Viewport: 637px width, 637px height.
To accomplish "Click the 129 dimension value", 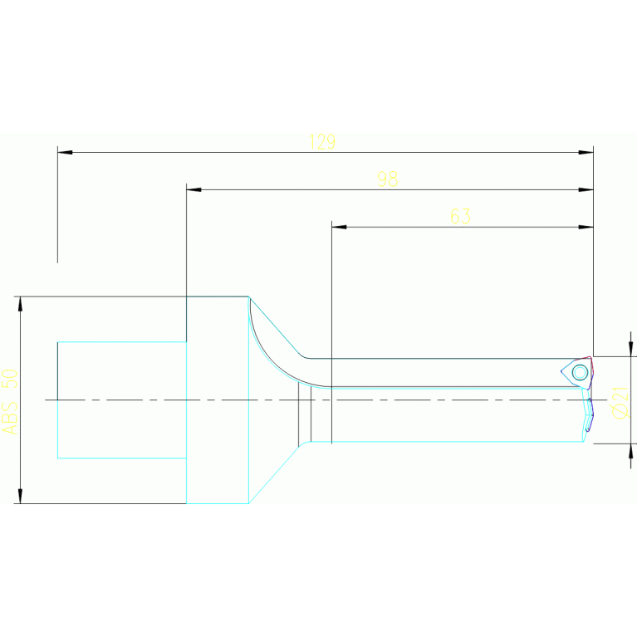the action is coord(321,142).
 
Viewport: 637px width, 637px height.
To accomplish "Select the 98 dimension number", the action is coord(387,179).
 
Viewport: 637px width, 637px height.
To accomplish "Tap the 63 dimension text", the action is coord(460,217).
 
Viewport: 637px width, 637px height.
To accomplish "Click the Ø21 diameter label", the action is coord(619,402).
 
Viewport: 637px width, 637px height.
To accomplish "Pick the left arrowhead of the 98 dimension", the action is coord(194,189).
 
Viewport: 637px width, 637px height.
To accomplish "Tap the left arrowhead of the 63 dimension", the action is coord(339,227).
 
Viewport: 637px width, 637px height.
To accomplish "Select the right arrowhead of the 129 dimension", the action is coord(586,152).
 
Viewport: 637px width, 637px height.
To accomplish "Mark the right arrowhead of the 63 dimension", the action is coord(586,227).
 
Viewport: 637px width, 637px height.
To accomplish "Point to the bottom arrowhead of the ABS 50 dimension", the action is coord(20,496).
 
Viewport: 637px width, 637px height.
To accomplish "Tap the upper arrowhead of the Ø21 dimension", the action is coord(630,349).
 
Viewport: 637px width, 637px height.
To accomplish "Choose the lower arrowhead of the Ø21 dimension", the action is coord(630,450).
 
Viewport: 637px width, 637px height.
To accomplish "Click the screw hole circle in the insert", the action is coord(580,372).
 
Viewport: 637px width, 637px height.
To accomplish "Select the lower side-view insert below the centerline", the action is coord(588,415).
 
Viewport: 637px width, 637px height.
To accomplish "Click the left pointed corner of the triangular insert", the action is coord(562,372).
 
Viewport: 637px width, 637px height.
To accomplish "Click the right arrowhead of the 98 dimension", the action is coord(586,189).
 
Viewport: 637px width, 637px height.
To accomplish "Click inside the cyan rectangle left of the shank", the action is coord(121,399).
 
